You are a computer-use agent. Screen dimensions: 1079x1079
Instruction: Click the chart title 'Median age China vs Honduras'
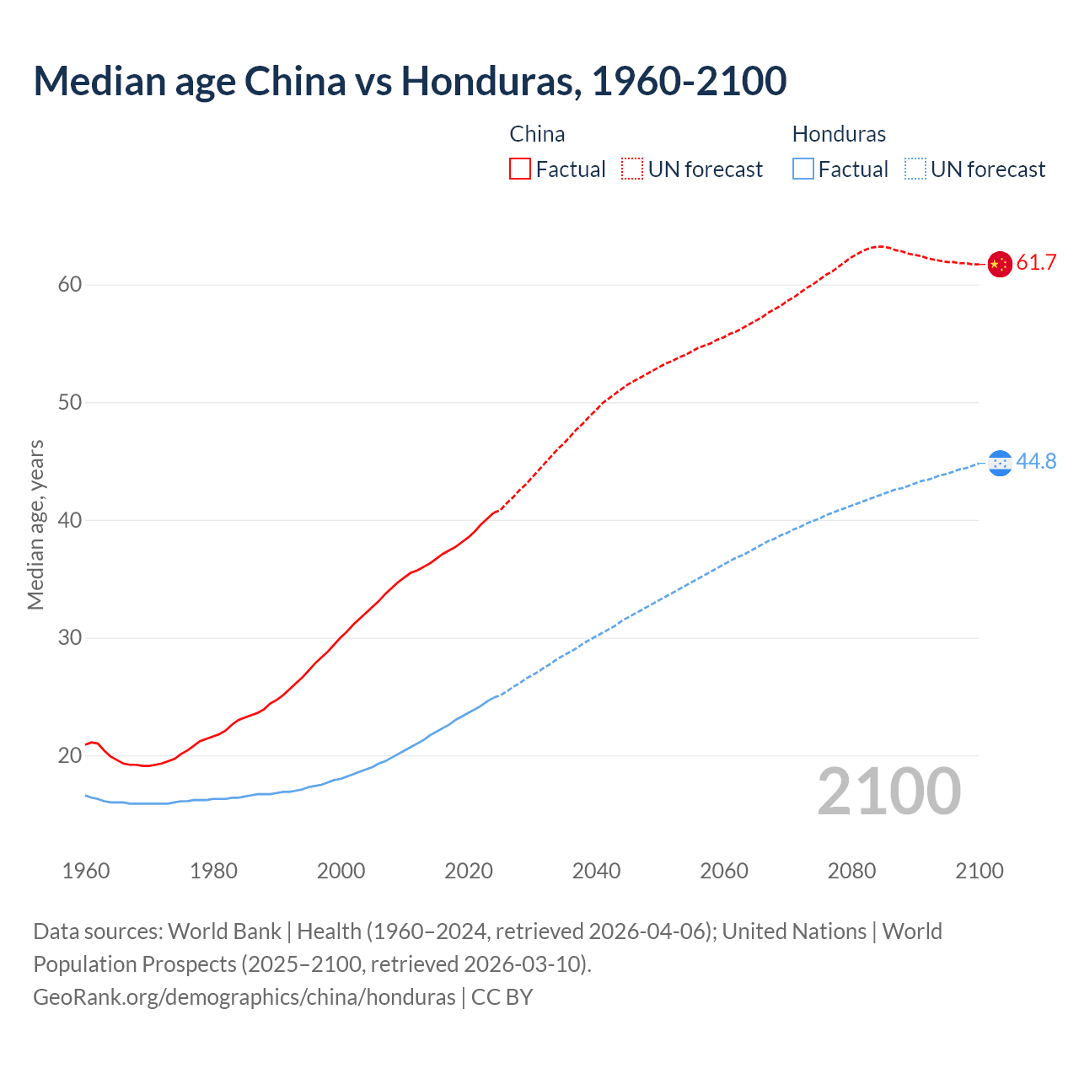(x=410, y=81)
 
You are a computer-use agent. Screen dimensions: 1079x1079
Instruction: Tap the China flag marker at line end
(x=999, y=264)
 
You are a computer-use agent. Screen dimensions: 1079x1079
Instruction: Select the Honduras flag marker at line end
(x=999, y=462)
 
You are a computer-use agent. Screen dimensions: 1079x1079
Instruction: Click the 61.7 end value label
(x=1036, y=263)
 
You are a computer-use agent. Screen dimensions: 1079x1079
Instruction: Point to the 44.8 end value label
(x=1036, y=462)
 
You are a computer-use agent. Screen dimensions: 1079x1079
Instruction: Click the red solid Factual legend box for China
(x=520, y=169)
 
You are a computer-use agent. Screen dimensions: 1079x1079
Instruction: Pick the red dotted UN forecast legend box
(x=632, y=169)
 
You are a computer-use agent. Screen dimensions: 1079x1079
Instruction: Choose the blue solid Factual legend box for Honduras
(x=803, y=169)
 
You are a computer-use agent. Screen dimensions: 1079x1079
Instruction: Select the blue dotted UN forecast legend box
(x=915, y=169)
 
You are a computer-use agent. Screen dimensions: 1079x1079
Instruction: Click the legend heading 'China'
(x=537, y=134)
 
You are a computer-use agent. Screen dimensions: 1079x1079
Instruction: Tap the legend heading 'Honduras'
(x=839, y=134)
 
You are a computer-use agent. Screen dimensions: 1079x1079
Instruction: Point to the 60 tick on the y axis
(x=70, y=285)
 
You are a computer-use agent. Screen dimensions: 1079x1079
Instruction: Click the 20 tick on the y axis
(x=70, y=756)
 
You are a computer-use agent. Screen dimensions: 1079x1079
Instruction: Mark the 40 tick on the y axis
(x=70, y=521)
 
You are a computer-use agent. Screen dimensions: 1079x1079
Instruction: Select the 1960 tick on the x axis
(x=86, y=871)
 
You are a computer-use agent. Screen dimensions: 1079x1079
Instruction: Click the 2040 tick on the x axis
(x=596, y=871)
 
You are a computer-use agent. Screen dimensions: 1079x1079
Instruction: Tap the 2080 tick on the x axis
(x=851, y=871)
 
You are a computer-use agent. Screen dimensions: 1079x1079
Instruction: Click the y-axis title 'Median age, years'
(x=35, y=524)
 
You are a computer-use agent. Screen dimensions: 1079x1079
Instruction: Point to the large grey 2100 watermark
(x=888, y=792)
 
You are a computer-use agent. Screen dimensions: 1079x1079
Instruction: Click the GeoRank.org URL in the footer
(x=244, y=997)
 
